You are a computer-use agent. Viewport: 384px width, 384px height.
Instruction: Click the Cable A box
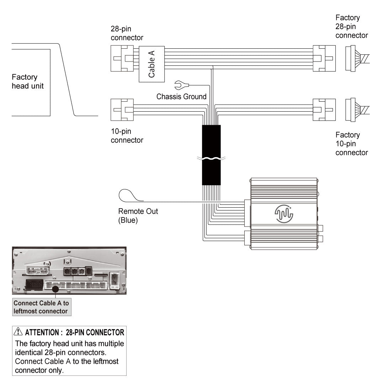coord(151,64)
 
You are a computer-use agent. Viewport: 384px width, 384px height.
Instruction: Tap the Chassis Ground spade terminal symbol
coord(180,85)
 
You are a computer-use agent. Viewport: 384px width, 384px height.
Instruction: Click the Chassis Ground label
coord(181,96)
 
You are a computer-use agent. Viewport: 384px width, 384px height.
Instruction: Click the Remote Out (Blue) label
coord(138,216)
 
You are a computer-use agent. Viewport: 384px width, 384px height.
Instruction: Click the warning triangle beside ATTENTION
coord(18,332)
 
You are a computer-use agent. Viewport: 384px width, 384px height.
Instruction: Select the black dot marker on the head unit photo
coord(55,289)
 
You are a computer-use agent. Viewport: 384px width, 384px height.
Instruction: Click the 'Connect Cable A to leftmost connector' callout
coord(41,307)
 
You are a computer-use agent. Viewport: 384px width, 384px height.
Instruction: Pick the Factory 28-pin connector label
coord(352,27)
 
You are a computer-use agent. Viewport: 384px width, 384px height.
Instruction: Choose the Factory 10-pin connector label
coord(352,144)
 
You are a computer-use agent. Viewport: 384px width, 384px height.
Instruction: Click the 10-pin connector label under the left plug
coord(127,136)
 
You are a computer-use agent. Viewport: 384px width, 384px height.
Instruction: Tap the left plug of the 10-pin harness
coord(122,110)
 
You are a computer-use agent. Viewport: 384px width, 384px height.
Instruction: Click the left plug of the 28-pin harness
coord(122,58)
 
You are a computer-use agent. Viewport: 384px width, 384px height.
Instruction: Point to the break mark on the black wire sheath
coord(211,159)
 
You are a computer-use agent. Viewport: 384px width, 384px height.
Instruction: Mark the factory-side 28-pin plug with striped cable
coord(356,58)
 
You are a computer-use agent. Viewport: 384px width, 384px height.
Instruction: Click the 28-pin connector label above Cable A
coord(127,33)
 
